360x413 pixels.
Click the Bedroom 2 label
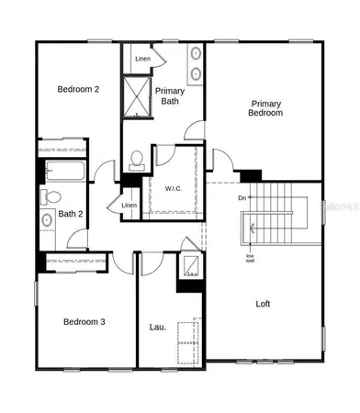(x=77, y=89)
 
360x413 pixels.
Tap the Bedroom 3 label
(x=83, y=321)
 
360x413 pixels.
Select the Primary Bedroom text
(x=264, y=107)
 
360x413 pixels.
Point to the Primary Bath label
(x=171, y=96)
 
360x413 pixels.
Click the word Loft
(x=263, y=303)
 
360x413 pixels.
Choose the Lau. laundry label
(x=157, y=326)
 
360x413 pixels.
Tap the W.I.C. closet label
(x=175, y=189)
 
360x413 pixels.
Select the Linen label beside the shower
(x=142, y=59)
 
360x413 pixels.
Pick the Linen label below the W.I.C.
(x=129, y=206)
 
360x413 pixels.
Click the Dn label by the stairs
(x=242, y=197)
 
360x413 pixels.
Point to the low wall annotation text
(x=250, y=257)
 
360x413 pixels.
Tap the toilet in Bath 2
(x=52, y=195)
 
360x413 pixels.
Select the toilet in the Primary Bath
(x=137, y=161)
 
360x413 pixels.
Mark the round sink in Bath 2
(x=47, y=219)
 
